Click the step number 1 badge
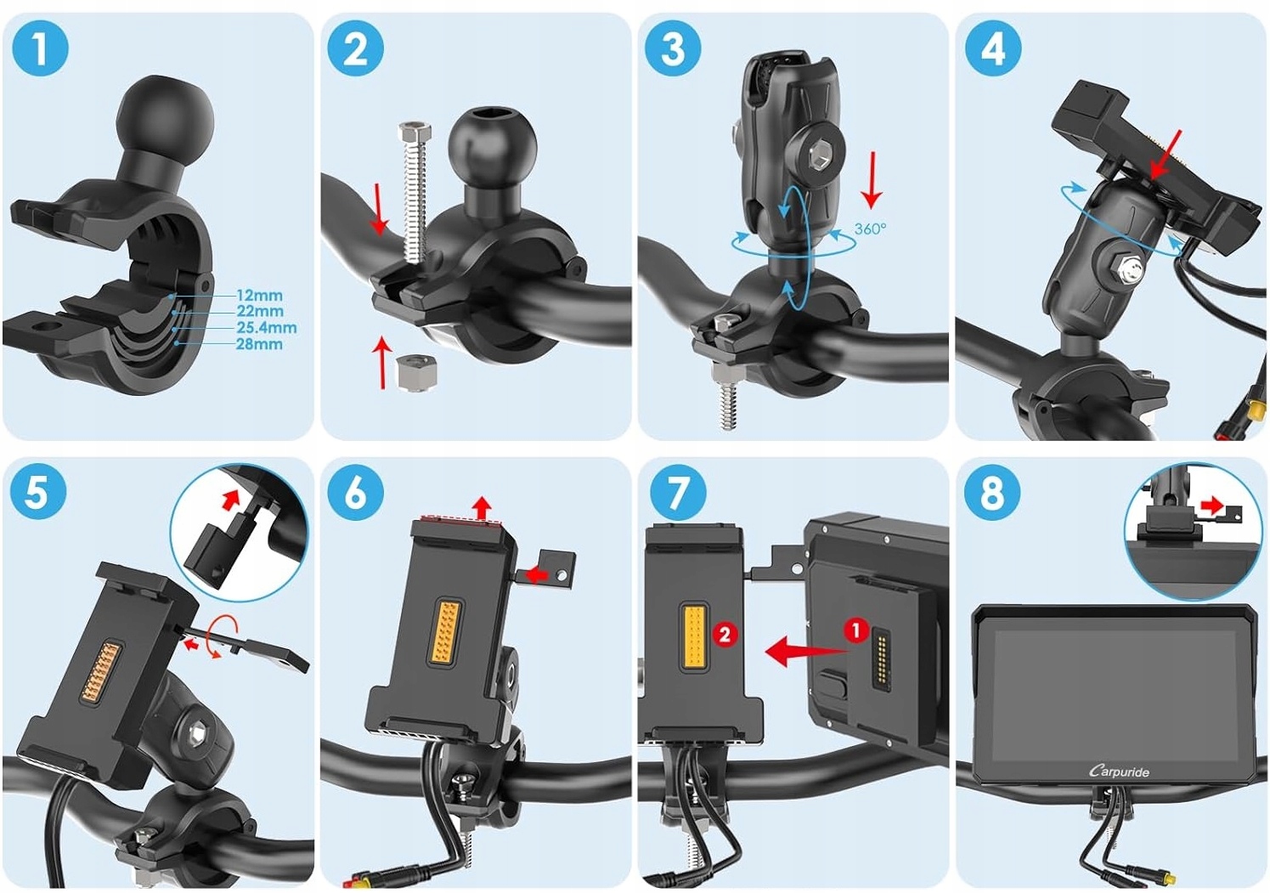click(x=40, y=48)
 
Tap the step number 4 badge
click(x=993, y=48)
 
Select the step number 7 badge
click(x=678, y=492)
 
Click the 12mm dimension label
click(x=259, y=296)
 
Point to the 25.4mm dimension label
click(x=267, y=328)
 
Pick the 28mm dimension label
click(x=259, y=344)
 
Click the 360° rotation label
click(x=870, y=229)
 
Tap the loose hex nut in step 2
click(x=417, y=372)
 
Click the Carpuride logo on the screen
click(x=1119, y=771)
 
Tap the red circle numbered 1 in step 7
click(x=855, y=630)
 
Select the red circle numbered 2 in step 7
click(x=725, y=635)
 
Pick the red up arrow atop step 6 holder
click(x=483, y=508)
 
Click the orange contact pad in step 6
click(x=446, y=630)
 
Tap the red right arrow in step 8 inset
click(x=1213, y=505)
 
